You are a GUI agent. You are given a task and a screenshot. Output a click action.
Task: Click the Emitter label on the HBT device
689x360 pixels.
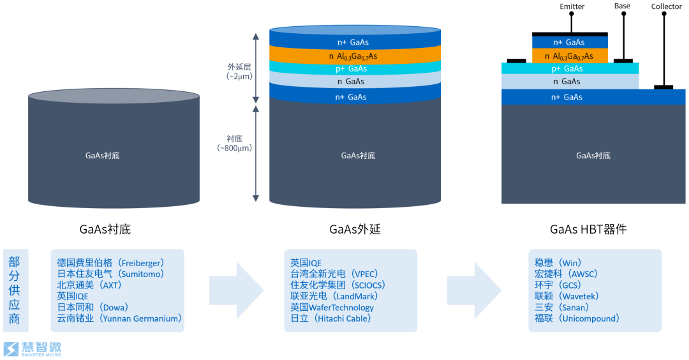[572, 6]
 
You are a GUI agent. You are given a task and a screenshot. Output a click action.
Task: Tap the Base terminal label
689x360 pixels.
[622, 6]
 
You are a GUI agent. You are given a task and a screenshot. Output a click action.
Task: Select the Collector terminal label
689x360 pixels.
[666, 7]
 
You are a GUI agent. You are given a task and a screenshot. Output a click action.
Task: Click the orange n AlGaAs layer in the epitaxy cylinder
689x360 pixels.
[355, 56]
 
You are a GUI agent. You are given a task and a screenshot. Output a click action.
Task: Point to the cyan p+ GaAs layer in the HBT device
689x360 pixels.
[569, 68]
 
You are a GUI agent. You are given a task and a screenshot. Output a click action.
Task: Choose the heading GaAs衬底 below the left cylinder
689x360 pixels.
[105, 229]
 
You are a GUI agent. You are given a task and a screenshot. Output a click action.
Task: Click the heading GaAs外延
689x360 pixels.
[355, 229]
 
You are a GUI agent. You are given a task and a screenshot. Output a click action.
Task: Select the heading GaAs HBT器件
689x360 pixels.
[588, 229]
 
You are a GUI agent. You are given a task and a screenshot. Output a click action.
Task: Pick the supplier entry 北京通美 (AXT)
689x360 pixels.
[89, 285]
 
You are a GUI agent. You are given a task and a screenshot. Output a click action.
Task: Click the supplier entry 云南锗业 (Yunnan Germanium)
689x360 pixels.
[119, 319]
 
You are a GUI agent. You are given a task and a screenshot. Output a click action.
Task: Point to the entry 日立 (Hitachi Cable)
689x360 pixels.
[330, 319]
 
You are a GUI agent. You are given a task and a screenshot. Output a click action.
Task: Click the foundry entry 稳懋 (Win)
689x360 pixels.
[558, 262]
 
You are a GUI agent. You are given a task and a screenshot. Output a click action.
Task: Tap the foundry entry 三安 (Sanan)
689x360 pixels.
[561, 307]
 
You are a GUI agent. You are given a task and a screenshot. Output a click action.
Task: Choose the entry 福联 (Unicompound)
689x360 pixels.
[577, 319]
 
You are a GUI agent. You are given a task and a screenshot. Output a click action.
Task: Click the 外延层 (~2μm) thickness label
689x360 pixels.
[239, 71]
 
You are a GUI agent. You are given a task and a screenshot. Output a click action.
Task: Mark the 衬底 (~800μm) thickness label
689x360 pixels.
[235, 143]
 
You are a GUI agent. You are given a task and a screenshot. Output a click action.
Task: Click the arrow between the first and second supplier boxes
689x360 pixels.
[235, 290]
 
